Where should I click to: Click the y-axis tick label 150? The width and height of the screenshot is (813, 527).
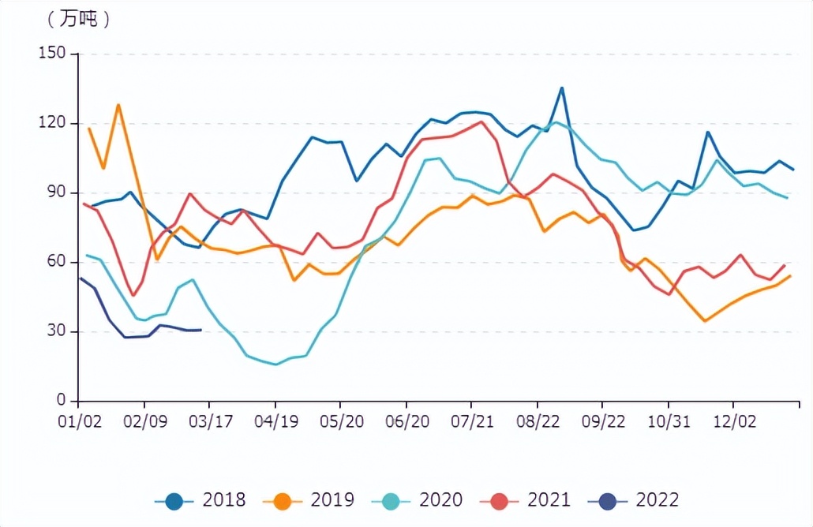click(54, 54)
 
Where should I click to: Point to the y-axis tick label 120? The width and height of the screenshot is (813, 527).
click(54, 123)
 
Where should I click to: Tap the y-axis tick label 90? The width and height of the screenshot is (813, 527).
click(58, 192)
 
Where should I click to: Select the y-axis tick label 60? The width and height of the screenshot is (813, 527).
click(58, 262)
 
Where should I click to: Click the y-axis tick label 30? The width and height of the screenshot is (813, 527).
click(58, 331)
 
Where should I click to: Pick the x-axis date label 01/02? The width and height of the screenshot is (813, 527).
click(81, 421)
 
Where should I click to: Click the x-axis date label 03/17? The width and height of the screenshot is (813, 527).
click(211, 421)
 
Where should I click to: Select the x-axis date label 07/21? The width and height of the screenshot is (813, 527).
click(471, 421)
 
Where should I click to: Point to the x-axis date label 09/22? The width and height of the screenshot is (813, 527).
click(603, 421)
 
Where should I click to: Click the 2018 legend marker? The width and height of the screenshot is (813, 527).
click(174, 500)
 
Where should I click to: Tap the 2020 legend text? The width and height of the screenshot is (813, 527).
click(440, 500)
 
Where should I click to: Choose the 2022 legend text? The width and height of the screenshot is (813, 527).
click(657, 500)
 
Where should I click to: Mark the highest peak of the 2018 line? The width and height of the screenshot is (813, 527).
click(561, 88)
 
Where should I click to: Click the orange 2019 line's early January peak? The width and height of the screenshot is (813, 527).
click(118, 104)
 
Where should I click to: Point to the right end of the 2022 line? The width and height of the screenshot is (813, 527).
click(201, 330)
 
